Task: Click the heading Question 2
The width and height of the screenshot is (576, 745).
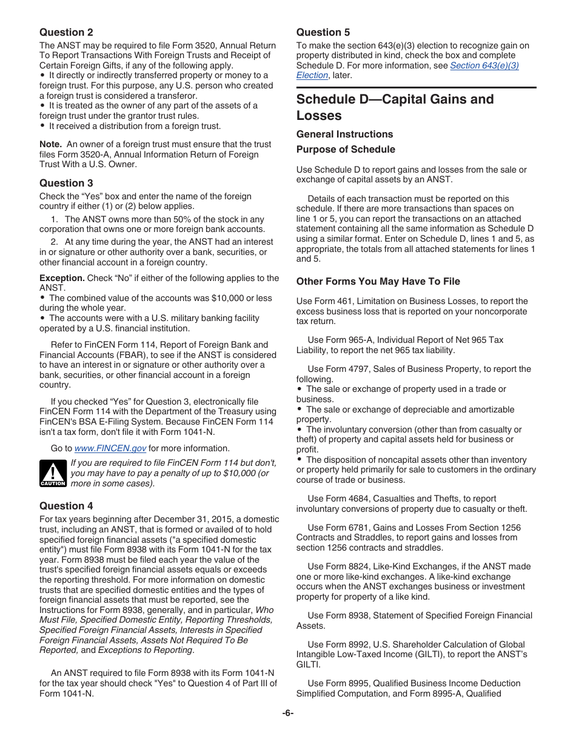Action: pyautogui.click(x=66, y=32)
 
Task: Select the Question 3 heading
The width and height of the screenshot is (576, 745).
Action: pyautogui.click(x=66, y=183)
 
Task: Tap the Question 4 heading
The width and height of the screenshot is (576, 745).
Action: pyautogui.click(x=66, y=506)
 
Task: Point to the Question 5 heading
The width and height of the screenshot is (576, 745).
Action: pyautogui.click(x=323, y=32)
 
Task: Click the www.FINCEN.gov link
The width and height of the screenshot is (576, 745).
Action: pyautogui.click(x=110, y=449)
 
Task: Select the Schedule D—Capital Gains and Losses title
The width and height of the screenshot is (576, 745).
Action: pyautogui.click(x=395, y=107)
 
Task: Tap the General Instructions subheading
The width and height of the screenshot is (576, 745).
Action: pyautogui.click(x=344, y=134)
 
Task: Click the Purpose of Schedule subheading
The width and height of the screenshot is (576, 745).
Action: pyautogui.click(x=345, y=149)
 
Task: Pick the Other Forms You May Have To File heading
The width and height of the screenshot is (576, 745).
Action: pyautogui.click(x=378, y=281)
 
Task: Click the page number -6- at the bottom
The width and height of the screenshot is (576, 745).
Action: pyautogui.click(x=287, y=713)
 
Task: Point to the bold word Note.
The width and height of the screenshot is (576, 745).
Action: pyautogui.click(x=50, y=144)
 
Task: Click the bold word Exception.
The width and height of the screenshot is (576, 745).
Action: pyautogui.click(x=62, y=278)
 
